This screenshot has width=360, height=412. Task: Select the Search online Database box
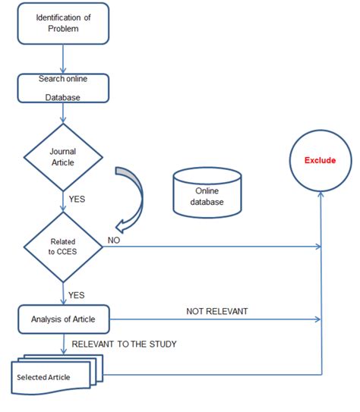coord(62,86)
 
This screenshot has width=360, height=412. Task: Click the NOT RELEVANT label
coord(216,311)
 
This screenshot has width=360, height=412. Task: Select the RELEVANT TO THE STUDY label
coord(124,344)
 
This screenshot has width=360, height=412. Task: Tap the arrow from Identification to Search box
coord(62,58)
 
